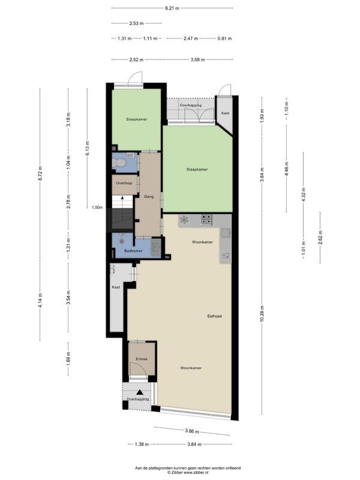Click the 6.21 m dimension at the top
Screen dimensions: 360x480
172,8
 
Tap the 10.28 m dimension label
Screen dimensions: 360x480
262,313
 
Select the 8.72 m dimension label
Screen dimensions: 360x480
40,174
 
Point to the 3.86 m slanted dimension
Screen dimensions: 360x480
192,431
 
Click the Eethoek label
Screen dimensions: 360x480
215,316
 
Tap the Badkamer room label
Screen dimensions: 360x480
133,251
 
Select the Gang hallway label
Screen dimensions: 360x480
149,197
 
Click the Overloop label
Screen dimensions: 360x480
124,183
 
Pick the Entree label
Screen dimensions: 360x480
142,359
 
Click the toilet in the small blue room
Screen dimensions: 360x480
119,163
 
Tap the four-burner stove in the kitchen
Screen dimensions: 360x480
206,220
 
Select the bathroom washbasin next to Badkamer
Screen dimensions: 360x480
156,247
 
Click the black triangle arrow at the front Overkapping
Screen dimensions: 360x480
140,392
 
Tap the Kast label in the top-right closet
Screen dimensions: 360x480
226,113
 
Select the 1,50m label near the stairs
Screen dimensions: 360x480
97,207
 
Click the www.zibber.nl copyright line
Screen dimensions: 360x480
188,473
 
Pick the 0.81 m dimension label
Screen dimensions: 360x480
224,38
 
